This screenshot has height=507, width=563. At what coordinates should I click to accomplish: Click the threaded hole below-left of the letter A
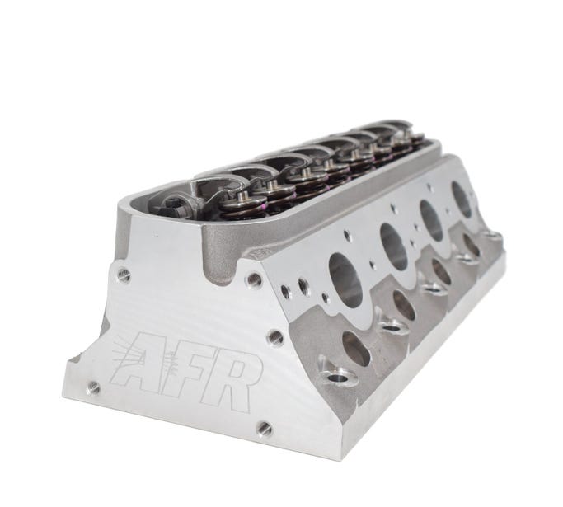[93, 387]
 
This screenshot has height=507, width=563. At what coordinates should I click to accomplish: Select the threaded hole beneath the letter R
[265, 428]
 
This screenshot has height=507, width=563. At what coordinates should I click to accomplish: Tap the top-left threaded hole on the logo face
[123, 275]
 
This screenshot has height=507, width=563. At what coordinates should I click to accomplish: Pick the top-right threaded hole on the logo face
[254, 279]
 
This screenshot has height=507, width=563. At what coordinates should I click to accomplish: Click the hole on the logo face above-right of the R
[275, 338]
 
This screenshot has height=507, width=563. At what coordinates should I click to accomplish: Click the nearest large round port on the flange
[345, 280]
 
